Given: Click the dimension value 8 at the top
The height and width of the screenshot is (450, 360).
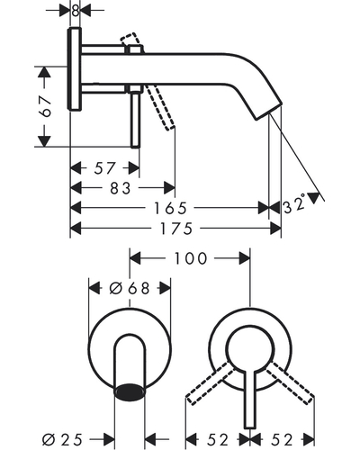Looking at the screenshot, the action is click(76, 11).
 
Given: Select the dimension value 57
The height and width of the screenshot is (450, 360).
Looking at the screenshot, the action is click(104, 168).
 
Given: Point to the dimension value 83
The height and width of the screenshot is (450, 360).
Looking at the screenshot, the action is click(121, 188).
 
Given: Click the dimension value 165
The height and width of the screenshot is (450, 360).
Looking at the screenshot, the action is click(170, 208).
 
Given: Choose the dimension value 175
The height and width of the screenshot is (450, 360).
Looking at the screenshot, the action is click(175, 229).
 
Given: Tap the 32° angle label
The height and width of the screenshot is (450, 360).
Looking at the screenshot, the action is click(294, 204).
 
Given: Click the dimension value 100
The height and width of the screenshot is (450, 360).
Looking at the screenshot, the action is click(191, 258).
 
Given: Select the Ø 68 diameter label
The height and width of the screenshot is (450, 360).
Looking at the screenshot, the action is click(130, 288).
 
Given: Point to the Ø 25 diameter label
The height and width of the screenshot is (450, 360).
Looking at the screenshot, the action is click(62, 440).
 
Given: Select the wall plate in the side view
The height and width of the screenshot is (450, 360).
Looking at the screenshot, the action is click(75, 69).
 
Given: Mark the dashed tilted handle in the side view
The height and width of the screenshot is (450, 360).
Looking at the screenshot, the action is click(159, 107).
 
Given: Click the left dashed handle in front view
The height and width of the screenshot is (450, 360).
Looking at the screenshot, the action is click(209, 383).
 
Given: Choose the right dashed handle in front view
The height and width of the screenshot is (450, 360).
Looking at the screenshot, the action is click(291, 382).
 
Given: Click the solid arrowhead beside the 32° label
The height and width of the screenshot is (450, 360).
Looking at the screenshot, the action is click(314, 198).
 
